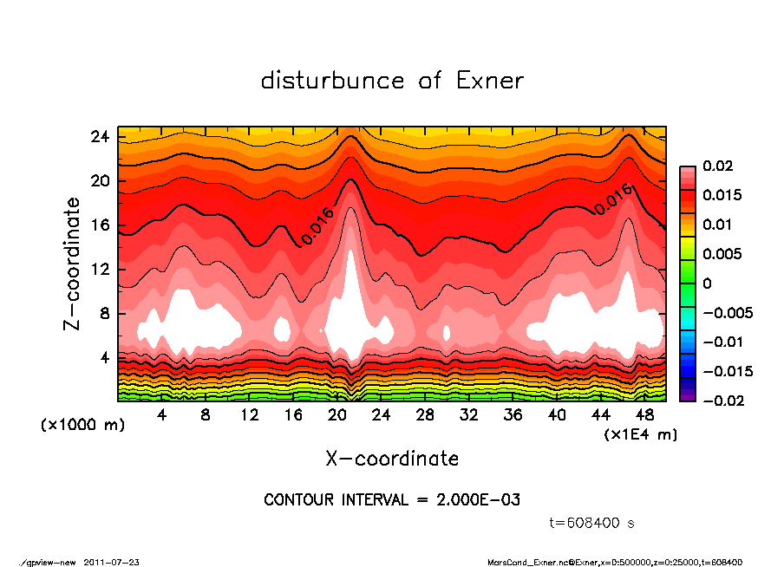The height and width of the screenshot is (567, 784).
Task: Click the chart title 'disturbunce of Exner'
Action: click(392, 81)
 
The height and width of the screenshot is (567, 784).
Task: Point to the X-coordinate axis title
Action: click(392, 458)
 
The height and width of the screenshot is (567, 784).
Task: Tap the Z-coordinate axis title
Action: click(73, 264)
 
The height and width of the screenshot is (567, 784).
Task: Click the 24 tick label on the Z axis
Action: click(100, 137)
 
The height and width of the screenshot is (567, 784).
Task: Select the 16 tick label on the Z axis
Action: click(100, 225)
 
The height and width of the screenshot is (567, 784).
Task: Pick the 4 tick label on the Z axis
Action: click(103, 357)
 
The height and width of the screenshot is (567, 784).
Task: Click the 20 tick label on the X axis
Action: click(337, 414)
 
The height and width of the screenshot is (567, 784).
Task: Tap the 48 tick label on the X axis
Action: click(645, 414)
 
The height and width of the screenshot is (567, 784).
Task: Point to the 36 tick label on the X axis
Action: click(513, 414)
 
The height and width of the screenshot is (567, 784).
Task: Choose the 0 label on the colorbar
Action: click(707, 283)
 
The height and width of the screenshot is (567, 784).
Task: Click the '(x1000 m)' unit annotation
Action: click(75, 426)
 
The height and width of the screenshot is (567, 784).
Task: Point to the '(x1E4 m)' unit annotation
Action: click(641, 433)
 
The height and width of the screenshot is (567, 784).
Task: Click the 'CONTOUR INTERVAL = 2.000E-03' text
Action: click(392, 500)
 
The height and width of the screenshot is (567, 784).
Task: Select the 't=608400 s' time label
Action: click(592, 523)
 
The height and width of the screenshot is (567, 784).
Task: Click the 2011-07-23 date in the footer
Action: click(112, 562)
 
